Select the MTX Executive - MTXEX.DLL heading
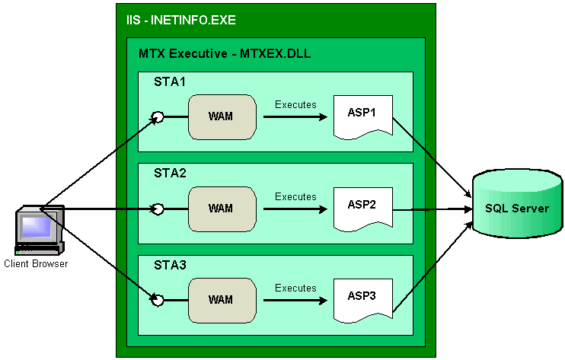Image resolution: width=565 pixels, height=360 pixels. [x=225, y=54]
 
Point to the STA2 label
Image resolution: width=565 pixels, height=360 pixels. [x=170, y=173]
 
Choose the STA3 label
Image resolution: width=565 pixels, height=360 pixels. [x=170, y=265]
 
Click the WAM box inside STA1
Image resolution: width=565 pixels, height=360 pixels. [x=221, y=116]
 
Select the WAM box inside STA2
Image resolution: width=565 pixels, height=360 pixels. [x=221, y=209]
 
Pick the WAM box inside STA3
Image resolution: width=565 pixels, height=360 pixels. [x=221, y=300]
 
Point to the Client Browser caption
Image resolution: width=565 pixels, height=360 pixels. [x=36, y=264]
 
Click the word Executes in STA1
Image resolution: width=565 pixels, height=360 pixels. [x=295, y=104]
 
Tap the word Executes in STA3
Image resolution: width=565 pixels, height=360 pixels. [x=295, y=288]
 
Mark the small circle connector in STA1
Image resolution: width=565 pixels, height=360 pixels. [x=158, y=117]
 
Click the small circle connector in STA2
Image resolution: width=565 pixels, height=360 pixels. [x=158, y=209]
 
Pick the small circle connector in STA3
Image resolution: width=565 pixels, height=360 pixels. [x=158, y=301]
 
